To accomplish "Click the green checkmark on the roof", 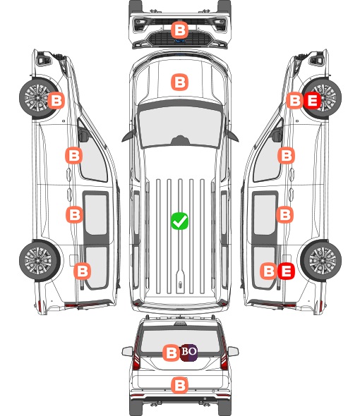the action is coord(179,221).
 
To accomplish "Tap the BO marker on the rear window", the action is coord(188,352).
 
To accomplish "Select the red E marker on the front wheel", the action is coord(313,101).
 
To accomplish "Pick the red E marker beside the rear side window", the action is coord(286,271).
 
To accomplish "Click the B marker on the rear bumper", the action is coord(179,385).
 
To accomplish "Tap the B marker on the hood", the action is coord(179,82).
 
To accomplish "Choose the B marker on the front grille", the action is coord(179,30).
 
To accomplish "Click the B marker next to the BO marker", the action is coord(171,353).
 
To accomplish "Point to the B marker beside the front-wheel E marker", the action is coord(294,101).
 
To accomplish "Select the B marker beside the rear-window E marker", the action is coord(269,271).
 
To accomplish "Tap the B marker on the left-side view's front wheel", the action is coord(56,101).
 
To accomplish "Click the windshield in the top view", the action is coord(180,126).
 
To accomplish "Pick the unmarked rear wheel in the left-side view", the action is coord(40,261).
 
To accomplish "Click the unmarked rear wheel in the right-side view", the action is coord(321,261).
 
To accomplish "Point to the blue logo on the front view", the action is coord(180,41).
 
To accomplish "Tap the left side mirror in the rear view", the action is coord(127,351).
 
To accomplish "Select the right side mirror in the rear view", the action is coord(233,351).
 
